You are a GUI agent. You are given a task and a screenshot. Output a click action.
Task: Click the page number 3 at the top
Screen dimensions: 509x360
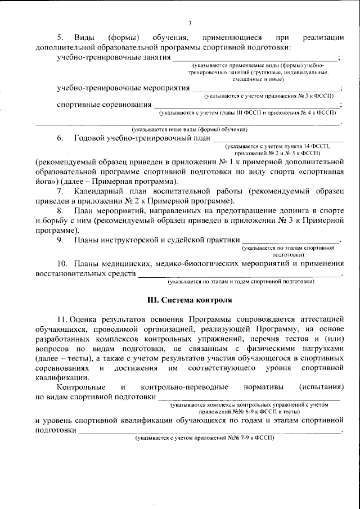pyautogui.click(x=190, y=23)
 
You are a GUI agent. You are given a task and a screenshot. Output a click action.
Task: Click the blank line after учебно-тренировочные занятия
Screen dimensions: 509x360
pyautogui.click(x=255, y=58)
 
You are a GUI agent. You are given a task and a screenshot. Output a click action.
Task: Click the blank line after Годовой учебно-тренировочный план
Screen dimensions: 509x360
pyautogui.click(x=277, y=139)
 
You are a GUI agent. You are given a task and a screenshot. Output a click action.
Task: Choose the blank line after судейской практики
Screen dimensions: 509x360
pyautogui.click(x=291, y=242)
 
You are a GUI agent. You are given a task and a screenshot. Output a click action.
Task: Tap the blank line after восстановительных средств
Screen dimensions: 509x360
pyautogui.click(x=240, y=276)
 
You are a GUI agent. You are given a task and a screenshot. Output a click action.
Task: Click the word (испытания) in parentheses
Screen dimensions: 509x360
pyautogui.click(x=321, y=387)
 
